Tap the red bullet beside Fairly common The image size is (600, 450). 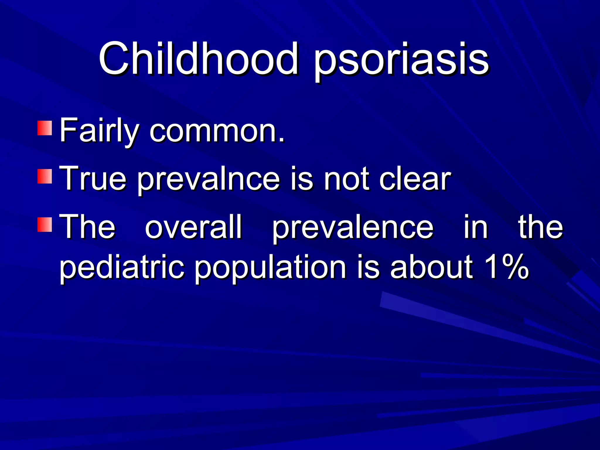pyautogui.click(x=45, y=128)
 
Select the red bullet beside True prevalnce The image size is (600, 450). pyautogui.click(x=45, y=176)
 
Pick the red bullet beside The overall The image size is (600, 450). pyautogui.click(x=45, y=224)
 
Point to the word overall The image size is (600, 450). pyautogui.click(x=193, y=226)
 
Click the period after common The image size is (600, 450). pyautogui.click(x=282, y=140)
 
